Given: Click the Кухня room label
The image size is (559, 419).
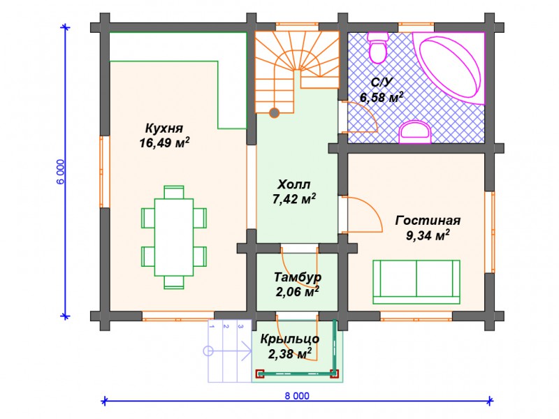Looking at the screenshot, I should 164,128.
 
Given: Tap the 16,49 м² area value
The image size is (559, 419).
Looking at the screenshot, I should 165,144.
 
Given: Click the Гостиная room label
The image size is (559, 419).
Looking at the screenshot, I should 428,221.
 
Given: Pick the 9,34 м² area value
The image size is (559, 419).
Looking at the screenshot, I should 428,236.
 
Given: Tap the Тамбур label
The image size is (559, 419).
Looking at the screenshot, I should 298,277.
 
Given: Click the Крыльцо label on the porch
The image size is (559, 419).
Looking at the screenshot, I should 290,339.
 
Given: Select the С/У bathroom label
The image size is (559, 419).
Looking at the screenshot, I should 380,82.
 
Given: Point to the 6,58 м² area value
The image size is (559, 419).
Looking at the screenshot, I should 381,97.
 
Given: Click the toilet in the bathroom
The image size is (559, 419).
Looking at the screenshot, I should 378,47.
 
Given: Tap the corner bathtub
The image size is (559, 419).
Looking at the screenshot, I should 451,66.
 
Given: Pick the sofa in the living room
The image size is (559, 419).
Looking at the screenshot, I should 416,281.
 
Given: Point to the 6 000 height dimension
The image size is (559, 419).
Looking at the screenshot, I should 61,171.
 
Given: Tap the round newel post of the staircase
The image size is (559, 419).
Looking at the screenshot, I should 275,111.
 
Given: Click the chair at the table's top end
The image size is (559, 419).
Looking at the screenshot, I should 174,192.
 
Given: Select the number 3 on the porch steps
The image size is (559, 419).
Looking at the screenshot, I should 240,325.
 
